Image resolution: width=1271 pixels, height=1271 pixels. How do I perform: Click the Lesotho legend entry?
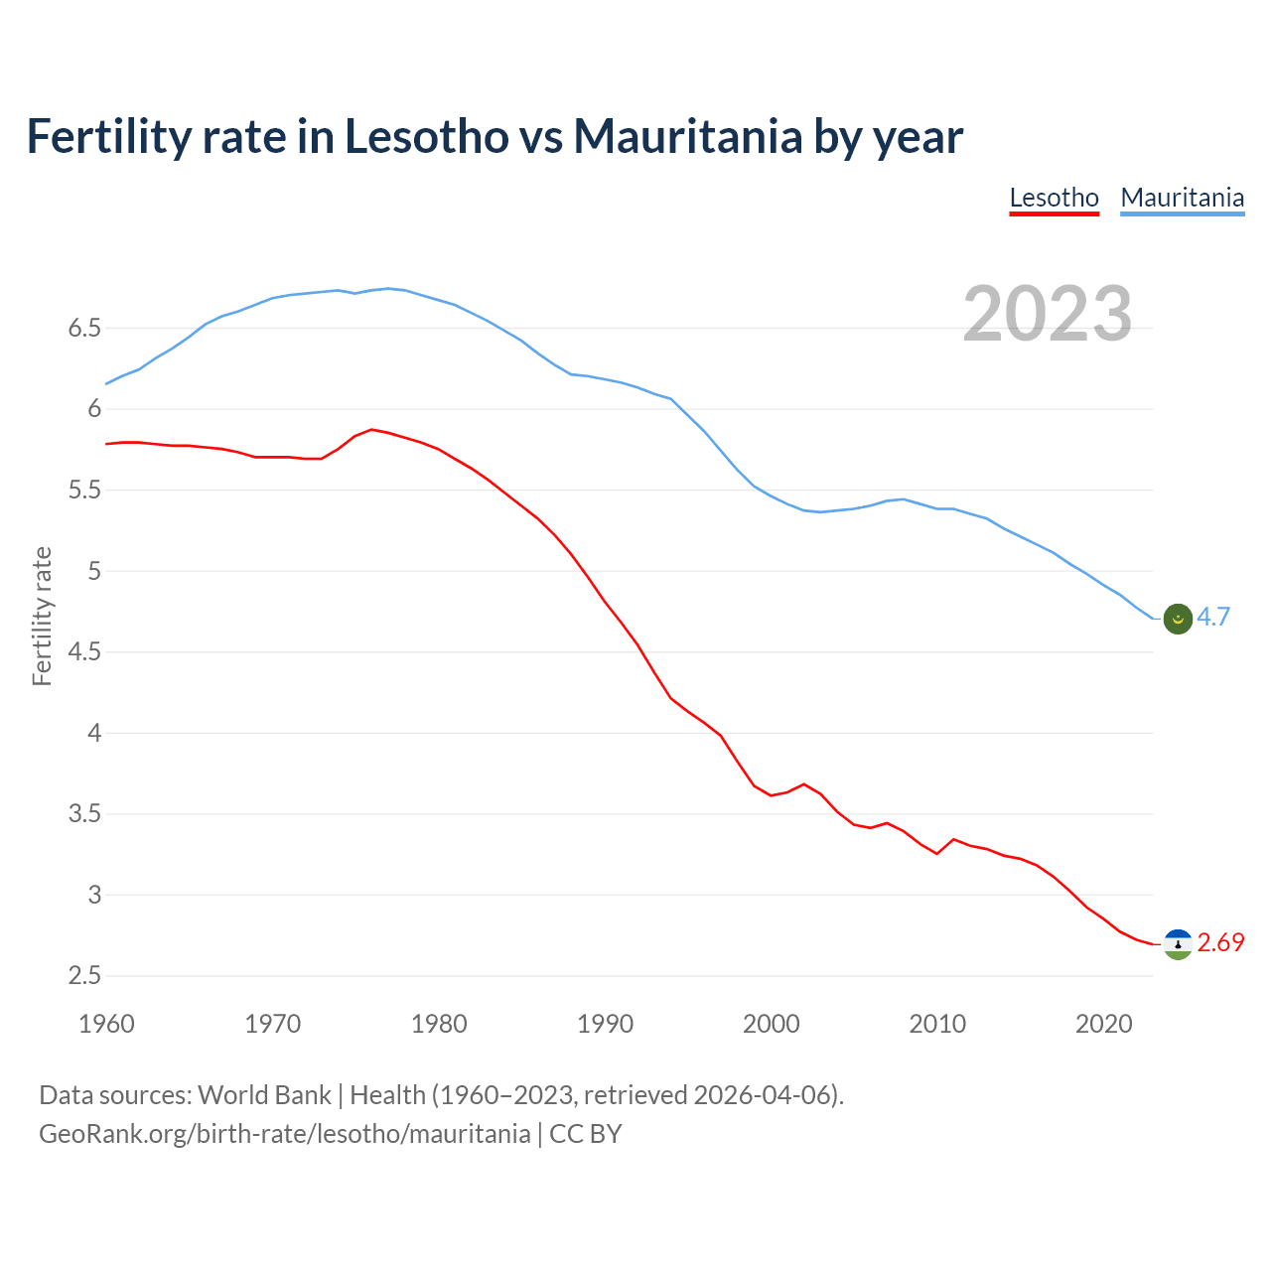click(1054, 198)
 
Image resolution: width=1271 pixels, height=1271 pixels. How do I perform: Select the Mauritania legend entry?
click(1182, 198)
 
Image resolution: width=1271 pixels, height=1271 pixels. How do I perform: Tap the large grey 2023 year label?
click(1048, 314)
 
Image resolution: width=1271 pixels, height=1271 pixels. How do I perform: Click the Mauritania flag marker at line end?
click(1178, 619)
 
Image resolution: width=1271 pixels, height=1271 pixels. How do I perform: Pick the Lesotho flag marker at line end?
click(1178, 944)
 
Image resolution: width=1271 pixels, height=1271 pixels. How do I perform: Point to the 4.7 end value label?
click(1213, 617)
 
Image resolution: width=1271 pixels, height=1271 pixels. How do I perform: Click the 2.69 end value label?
click(1220, 942)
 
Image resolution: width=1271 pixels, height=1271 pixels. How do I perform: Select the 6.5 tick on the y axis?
click(84, 329)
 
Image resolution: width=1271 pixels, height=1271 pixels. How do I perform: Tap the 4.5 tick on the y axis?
click(84, 652)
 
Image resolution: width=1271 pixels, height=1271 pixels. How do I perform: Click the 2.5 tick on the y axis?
click(84, 976)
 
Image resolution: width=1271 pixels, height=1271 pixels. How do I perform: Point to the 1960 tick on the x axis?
click(106, 1024)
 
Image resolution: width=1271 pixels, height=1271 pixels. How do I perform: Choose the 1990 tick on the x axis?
click(605, 1024)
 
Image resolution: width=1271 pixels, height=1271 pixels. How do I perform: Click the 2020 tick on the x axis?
click(1103, 1024)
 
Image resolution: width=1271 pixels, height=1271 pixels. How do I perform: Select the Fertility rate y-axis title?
click(42, 616)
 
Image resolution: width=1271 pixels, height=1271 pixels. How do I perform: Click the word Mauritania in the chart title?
click(687, 136)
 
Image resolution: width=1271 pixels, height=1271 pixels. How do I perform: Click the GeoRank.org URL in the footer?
click(284, 1134)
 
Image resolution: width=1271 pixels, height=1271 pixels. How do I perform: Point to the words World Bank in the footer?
click(264, 1095)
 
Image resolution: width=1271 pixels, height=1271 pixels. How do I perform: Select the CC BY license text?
click(586, 1134)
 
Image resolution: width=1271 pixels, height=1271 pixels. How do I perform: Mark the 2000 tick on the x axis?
click(772, 1024)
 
